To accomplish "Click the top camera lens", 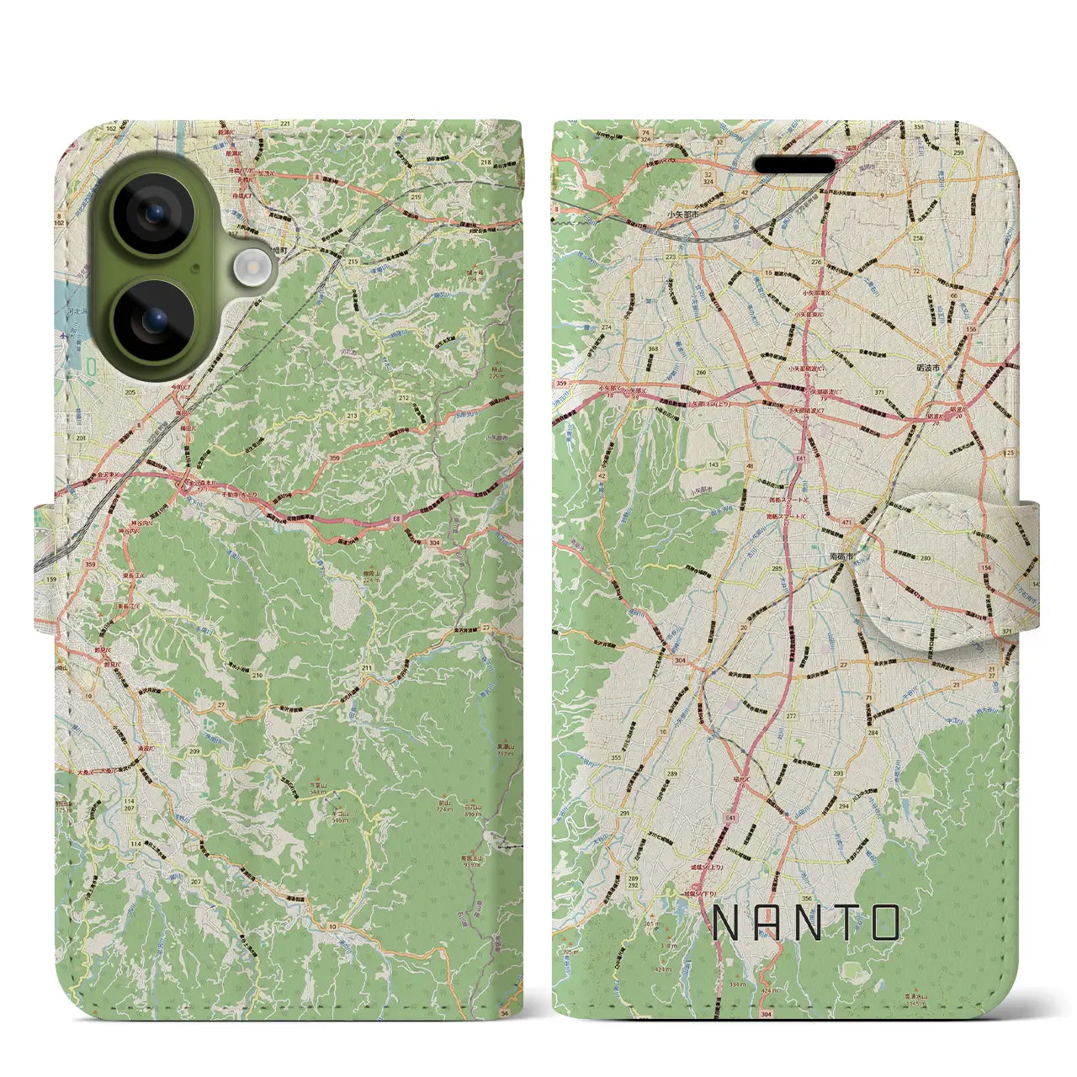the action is click(x=154, y=214).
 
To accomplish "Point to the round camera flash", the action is click(x=250, y=268).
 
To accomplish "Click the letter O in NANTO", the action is click(x=884, y=923).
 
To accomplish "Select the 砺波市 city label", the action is click(x=928, y=369).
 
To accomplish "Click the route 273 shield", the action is click(x=671, y=257).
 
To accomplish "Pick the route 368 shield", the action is click(x=653, y=348).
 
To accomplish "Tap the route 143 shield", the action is click(x=714, y=464).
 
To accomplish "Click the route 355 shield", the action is click(x=616, y=757).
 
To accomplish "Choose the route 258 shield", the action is click(x=918, y=238).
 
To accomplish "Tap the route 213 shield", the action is click(x=351, y=416).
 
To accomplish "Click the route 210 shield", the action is click(x=257, y=675).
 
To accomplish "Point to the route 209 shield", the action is click(x=194, y=751).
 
